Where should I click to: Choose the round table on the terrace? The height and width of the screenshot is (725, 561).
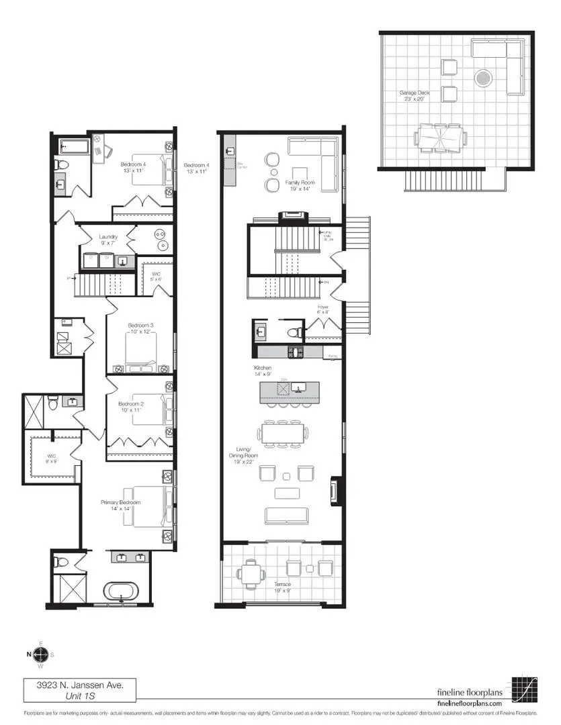click(252, 573)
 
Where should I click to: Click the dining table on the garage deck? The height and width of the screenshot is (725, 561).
click(441, 137)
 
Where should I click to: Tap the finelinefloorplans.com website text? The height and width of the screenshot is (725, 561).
click(470, 702)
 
